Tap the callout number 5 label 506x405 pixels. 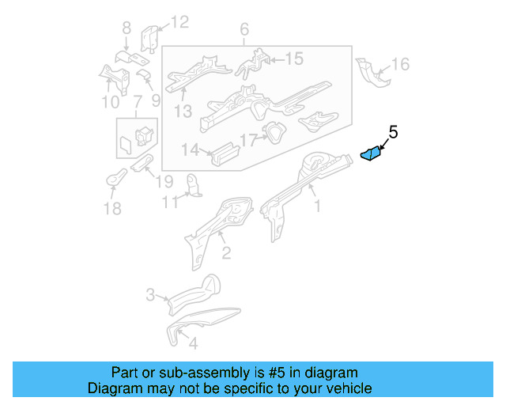(393, 132)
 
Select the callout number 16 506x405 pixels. (401, 64)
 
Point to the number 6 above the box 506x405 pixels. (244, 29)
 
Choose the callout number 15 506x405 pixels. (293, 59)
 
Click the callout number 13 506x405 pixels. (183, 112)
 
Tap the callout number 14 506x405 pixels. (190, 150)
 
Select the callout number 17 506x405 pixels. (248, 141)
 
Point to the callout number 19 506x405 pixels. (164, 181)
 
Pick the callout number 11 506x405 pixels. (169, 202)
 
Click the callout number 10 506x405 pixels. (110, 101)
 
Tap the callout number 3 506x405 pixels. (150, 296)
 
